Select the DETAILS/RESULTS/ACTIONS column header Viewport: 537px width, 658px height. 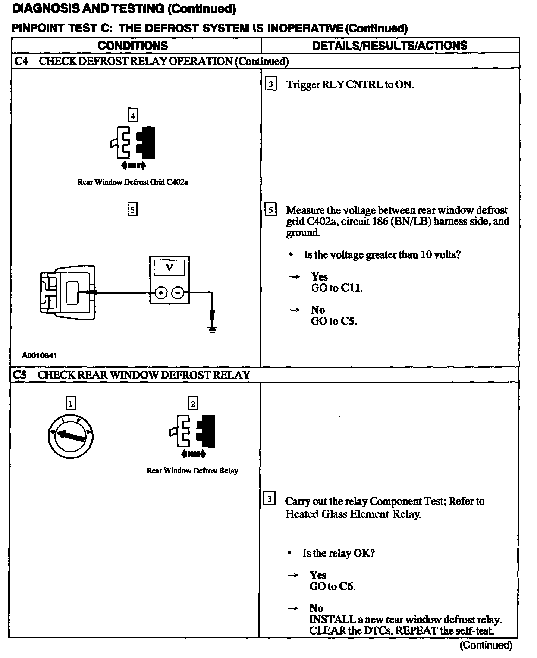coord(390,46)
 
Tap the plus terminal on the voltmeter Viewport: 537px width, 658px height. coord(161,293)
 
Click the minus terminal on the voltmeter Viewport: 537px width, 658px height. coord(178,293)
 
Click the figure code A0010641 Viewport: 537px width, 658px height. coord(40,355)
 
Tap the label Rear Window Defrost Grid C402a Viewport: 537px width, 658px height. coord(132,182)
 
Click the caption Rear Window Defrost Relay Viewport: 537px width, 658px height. coord(192,471)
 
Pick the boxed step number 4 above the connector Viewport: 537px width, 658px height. coord(133,115)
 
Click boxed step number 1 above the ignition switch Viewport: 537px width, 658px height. coord(70,403)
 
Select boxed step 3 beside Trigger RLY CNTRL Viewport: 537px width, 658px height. coord(271,84)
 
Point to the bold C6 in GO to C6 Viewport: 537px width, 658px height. coord(346,586)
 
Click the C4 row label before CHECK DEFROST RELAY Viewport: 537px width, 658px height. coord(21,61)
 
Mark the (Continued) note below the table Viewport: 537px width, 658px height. coord(486,645)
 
